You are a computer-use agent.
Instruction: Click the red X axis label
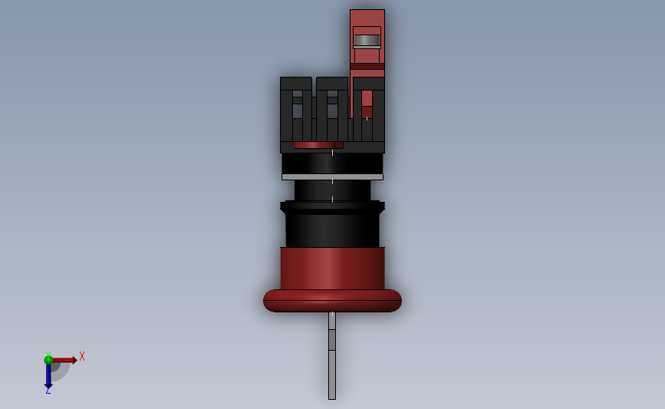(x=82, y=356)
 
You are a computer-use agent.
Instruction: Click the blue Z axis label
(x=48, y=391)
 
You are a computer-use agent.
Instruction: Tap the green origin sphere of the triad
(x=48, y=360)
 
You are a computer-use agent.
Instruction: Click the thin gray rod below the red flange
(x=332, y=355)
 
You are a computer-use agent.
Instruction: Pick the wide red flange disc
(x=333, y=301)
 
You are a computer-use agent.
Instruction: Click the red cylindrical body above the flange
(x=333, y=269)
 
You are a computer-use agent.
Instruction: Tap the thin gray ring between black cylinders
(x=333, y=177)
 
